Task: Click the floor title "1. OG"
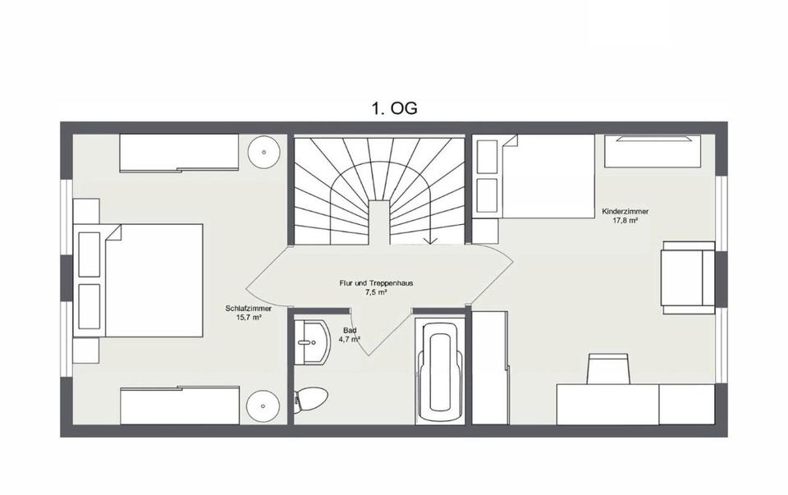point(394,108)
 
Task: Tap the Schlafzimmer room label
point(248,309)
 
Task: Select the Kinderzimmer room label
point(625,212)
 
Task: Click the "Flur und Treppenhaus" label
point(376,283)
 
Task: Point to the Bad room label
point(350,330)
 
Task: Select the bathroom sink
point(312,342)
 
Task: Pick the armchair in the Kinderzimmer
point(688,277)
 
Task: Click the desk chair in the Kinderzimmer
point(610,369)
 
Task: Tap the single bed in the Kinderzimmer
point(534,176)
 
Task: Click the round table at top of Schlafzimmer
point(263,152)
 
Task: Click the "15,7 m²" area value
point(249,318)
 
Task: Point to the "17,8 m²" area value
point(625,220)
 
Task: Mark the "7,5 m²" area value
point(376,292)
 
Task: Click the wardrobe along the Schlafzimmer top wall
point(179,153)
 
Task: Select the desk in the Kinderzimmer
point(635,405)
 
